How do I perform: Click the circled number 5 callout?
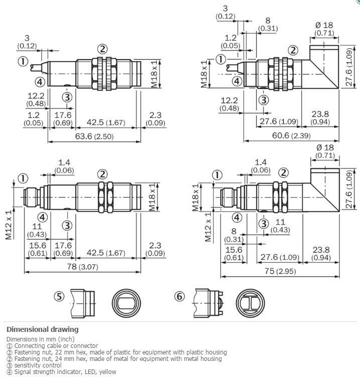pyautogui.click(x=59, y=297)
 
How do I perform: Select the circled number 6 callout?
pyautogui.click(x=179, y=297)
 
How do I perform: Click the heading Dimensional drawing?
pyautogui.click(x=42, y=329)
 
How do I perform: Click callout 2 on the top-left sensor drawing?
pyautogui.click(x=102, y=49)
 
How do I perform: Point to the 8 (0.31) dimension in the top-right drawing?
pyautogui.click(x=268, y=25)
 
